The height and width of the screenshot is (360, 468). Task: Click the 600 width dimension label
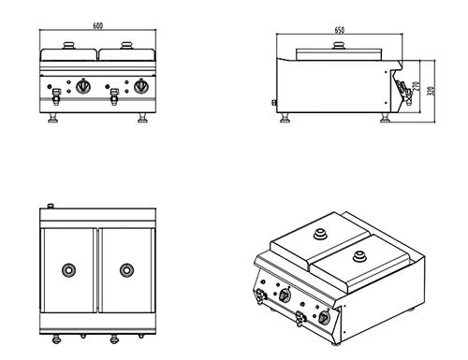(97, 25)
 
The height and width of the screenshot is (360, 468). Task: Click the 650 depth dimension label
(340, 30)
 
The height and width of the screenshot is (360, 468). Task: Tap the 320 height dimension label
(431, 91)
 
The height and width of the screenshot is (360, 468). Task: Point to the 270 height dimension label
(416, 86)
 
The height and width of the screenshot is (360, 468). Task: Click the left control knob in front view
(83, 86)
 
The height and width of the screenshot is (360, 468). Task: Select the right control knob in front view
(141, 86)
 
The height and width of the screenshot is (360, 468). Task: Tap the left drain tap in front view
(56, 96)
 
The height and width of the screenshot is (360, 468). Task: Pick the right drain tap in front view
(114, 96)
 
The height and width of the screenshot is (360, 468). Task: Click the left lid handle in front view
(68, 46)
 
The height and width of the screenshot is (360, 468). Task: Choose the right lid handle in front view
(126, 46)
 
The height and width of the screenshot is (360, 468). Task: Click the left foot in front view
(52, 118)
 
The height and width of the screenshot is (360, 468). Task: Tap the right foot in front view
(143, 118)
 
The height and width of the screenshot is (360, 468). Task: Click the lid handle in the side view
(339, 46)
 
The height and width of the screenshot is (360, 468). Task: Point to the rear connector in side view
(274, 102)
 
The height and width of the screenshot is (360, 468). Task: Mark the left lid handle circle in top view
(68, 270)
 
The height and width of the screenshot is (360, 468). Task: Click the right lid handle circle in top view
(126, 270)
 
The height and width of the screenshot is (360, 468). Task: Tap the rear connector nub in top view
(51, 206)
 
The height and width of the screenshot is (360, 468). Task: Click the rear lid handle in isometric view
(319, 234)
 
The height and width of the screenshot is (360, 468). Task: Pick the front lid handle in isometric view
(359, 256)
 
